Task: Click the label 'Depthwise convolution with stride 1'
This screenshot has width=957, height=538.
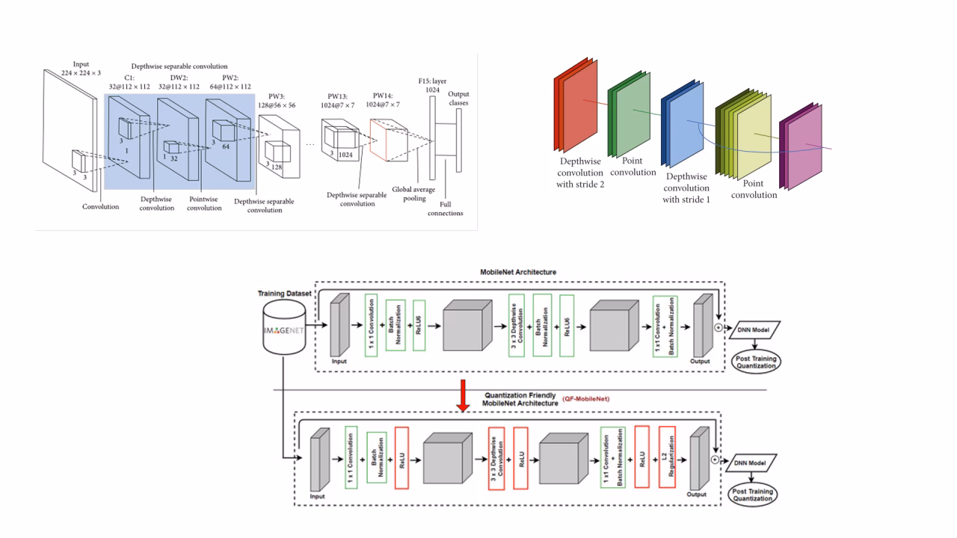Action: [x=686, y=188]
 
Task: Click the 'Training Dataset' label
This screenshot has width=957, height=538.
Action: [x=284, y=294]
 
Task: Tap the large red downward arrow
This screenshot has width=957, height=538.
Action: [x=464, y=397]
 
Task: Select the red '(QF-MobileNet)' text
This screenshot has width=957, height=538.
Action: [x=587, y=398]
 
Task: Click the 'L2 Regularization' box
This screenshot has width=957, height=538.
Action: [x=667, y=456]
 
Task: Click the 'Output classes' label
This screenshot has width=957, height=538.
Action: [x=458, y=98]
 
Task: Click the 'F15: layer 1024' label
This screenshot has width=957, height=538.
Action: [x=431, y=84]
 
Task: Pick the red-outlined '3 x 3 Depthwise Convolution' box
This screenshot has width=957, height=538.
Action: [x=497, y=456]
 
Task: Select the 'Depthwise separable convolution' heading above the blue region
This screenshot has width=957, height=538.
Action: [x=179, y=67]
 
